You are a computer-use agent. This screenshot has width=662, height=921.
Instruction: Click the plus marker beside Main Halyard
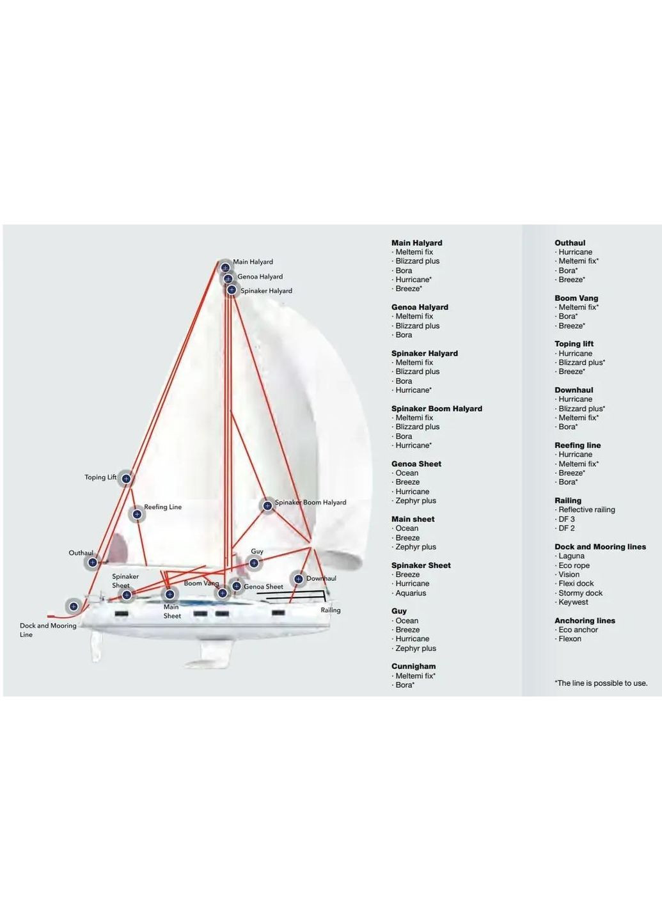coord(225,267)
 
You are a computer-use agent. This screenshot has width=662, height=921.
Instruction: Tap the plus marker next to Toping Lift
coord(126,478)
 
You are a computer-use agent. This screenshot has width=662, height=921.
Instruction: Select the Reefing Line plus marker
coord(137,514)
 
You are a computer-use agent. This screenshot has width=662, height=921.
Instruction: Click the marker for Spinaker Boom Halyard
coord(267,505)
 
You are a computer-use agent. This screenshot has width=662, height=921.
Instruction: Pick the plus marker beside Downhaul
coord(299,579)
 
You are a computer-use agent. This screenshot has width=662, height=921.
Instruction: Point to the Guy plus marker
coord(254,563)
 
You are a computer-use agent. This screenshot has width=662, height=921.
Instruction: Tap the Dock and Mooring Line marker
coord(74,606)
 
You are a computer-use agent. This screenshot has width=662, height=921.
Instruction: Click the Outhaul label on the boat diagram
coord(81,553)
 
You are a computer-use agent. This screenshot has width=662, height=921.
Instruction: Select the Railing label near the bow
coord(331,610)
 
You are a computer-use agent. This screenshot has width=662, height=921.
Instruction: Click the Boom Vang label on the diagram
coord(201,583)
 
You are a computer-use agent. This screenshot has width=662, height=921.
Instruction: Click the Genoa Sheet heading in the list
coord(416,464)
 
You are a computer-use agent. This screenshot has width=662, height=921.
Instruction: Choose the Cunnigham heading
coord(413,666)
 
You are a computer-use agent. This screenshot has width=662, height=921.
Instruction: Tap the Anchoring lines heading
coord(585,620)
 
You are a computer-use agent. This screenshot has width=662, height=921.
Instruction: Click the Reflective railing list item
coord(585,509)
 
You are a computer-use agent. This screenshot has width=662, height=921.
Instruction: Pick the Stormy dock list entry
coord(578,593)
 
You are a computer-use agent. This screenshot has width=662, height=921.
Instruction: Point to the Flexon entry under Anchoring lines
coord(568,638)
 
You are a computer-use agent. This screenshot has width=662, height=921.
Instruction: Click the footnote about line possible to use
coord(601,683)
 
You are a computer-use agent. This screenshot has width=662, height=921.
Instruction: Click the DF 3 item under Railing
coord(565,519)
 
